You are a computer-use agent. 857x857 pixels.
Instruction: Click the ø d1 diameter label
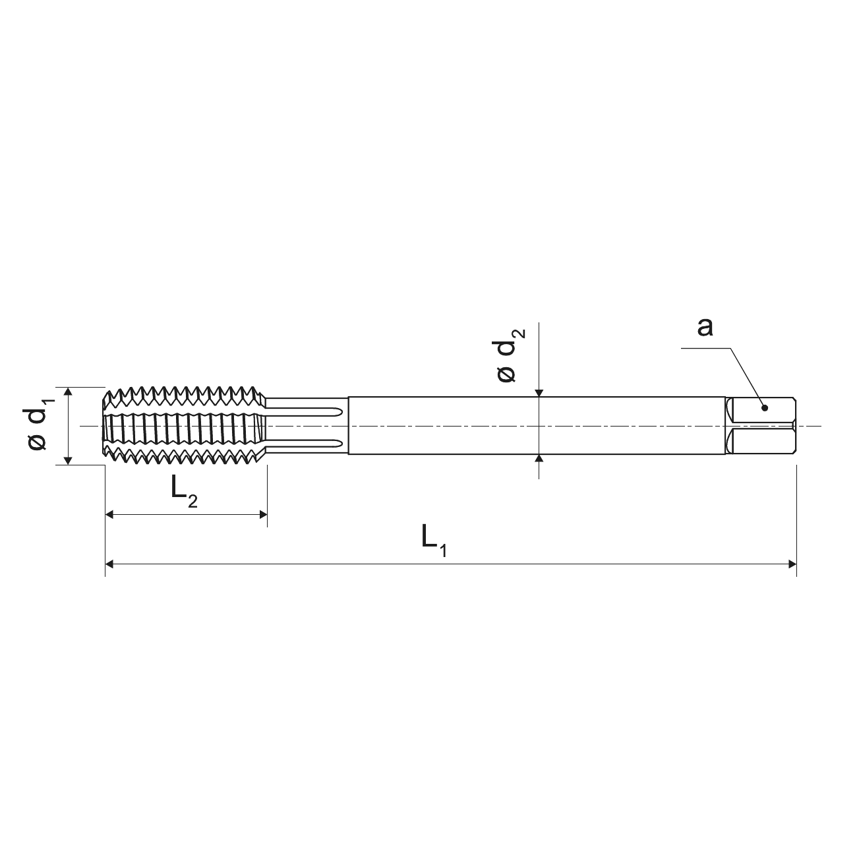pos(38,425)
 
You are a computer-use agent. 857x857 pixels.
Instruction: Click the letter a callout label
pos(705,327)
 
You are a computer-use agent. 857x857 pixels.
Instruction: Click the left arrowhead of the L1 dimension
pos(109,564)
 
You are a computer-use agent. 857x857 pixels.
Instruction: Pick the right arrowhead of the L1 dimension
pos(792,564)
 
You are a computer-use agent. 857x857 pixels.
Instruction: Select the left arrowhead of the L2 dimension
pos(109,515)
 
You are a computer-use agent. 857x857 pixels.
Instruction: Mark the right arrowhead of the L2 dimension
pos(263,515)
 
